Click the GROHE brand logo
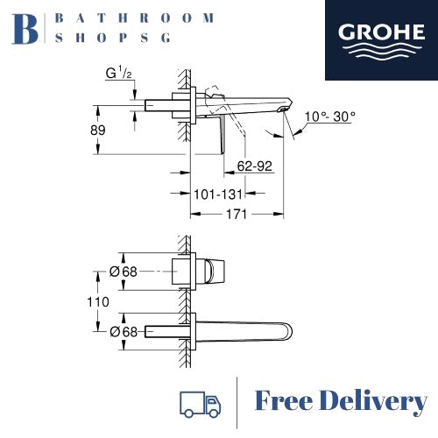point(381,40)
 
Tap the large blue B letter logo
point(25,29)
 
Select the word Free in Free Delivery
point(284,401)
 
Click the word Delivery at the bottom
point(373,402)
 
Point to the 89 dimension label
point(98,130)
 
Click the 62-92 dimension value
point(255,166)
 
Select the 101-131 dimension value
point(218,194)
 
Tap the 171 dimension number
point(237,215)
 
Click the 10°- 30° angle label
point(330,117)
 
